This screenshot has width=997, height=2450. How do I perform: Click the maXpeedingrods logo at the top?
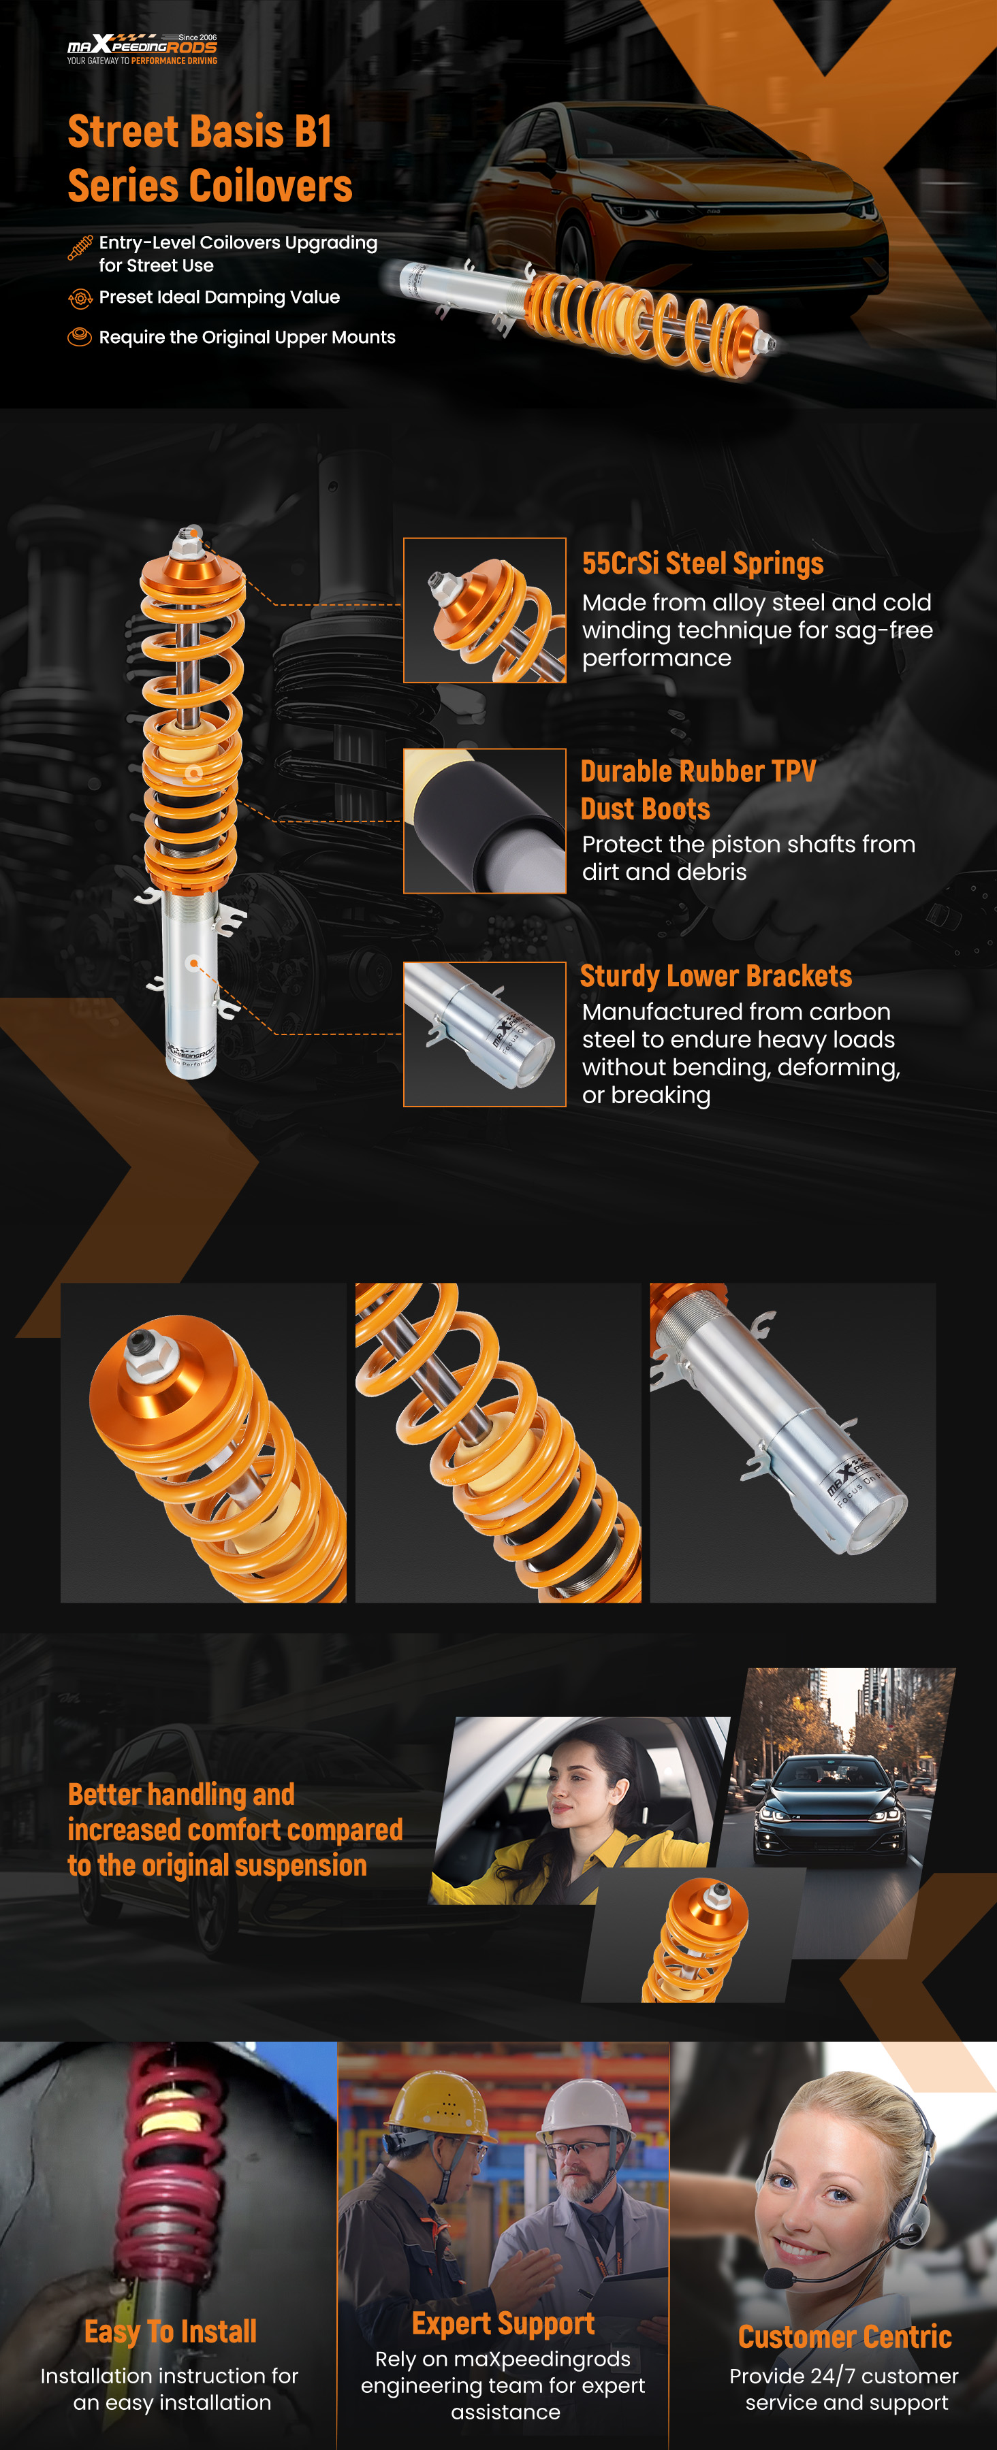(x=142, y=48)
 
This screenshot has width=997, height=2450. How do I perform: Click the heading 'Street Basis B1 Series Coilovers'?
(x=209, y=158)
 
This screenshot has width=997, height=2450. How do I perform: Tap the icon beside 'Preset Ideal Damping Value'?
(x=80, y=299)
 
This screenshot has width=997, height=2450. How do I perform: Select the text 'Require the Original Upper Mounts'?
(x=247, y=338)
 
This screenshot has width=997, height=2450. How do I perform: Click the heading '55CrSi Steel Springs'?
(x=702, y=564)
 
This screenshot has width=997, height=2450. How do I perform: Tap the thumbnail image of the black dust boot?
(x=484, y=821)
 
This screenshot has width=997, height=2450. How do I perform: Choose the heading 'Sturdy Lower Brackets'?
(x=716, y=977)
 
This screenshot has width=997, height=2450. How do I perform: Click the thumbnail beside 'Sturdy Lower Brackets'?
(x=484, y=1034)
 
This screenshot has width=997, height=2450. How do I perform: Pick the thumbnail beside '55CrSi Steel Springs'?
(x=484, y=610)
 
